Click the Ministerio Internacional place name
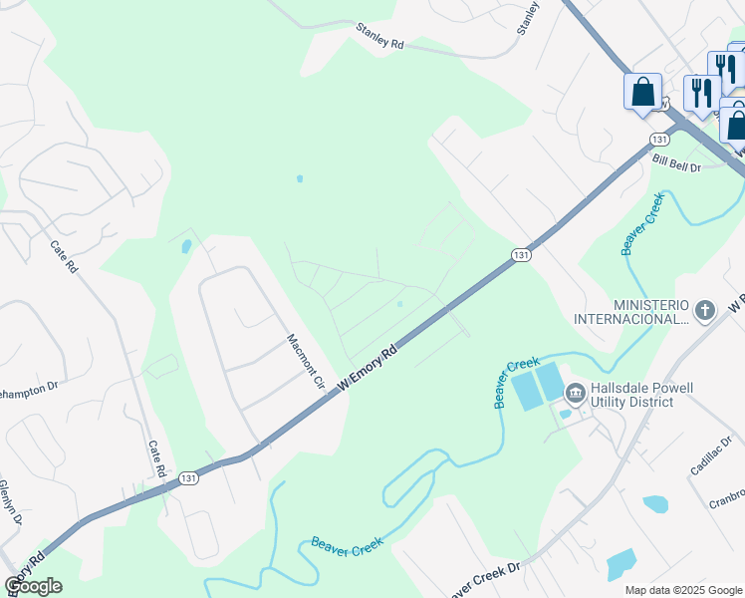[x=651, y=311]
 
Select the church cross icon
[x=705, y=311]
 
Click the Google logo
[x=33, y=586]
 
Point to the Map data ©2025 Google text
[x=683, y=590]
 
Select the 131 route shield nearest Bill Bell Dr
[x=659, y=139]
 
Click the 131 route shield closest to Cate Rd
[x=187, y=478]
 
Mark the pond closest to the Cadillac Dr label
[x=655, y=504]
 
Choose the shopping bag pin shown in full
[x=642, y=93]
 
